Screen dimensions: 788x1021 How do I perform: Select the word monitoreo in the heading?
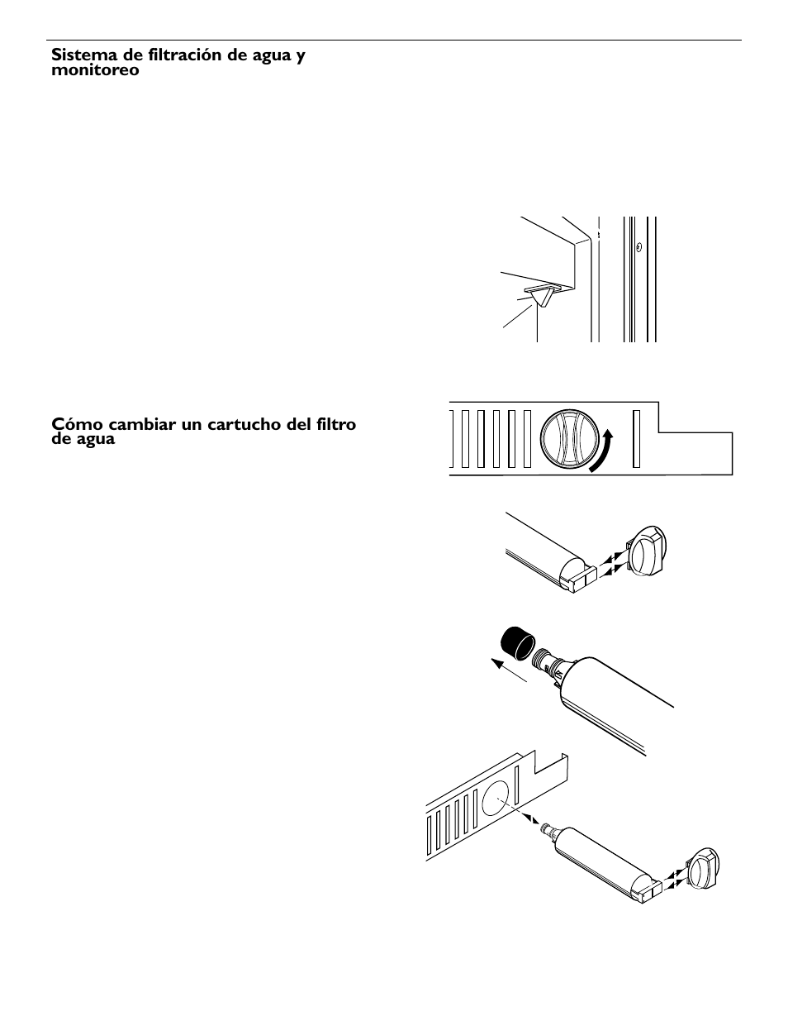(95, 70)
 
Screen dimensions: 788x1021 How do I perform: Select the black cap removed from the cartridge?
(517, 644)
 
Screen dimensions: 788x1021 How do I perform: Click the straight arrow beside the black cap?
(509, 670)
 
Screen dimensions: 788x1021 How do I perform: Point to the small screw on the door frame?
(638, 246)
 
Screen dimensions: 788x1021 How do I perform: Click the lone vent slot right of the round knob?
(636, 439)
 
